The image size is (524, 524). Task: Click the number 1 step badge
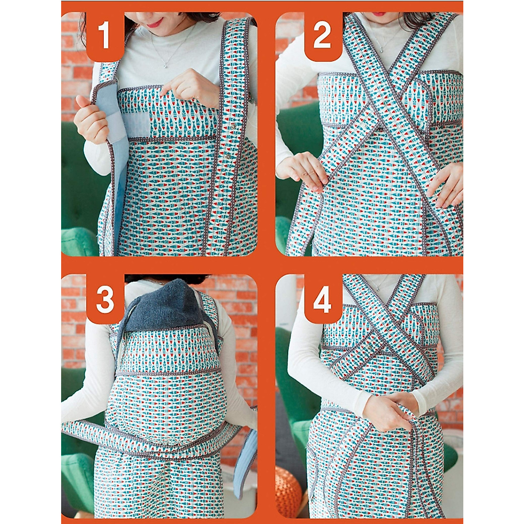[x=104, y=36]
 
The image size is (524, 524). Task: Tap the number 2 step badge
[x=322, y=36]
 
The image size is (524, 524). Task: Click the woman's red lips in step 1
[x=154, y=22]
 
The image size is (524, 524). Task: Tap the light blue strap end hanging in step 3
[x=247, y=458]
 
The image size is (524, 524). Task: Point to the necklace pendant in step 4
[x=376, y=289]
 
